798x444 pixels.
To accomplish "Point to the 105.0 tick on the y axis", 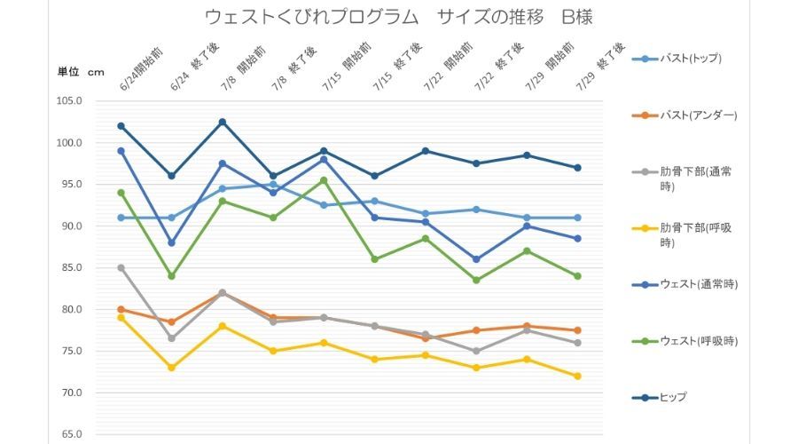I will click(69, 101).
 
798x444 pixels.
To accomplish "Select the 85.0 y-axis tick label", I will click(69, 268).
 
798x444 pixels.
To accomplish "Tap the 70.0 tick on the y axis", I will click(69, 393).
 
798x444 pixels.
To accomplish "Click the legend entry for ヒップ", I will click(672, 397).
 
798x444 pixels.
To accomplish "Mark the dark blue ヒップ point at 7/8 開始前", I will click(223, 122).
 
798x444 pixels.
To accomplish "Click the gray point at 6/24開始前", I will click(121, 267).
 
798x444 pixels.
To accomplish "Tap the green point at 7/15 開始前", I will click(324, 180).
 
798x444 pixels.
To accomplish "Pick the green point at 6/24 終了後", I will click(172, 276).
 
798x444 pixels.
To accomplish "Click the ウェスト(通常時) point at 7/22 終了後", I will click(476, 259).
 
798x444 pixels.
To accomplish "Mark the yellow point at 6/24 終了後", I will click(172, 368).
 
